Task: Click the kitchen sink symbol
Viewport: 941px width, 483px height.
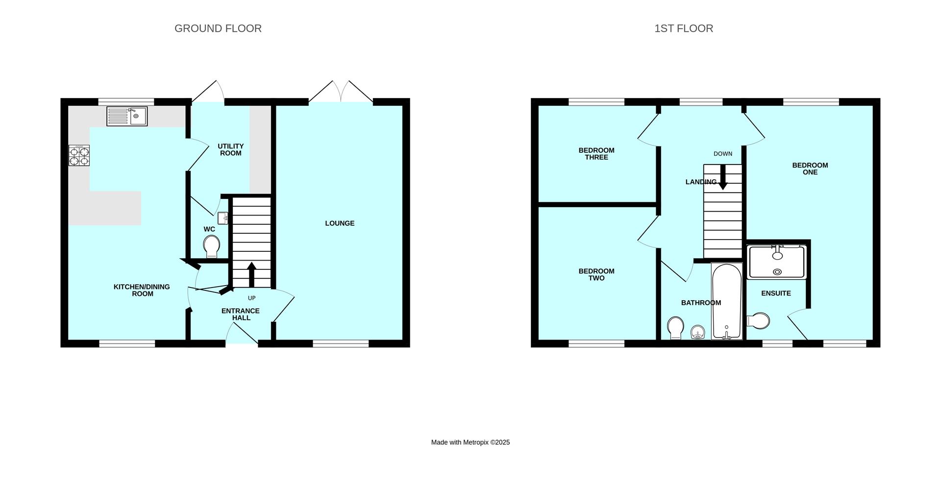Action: coord(127,116)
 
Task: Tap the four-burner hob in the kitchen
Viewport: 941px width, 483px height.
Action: coord(79,156)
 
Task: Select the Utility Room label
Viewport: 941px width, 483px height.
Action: coord(230,149)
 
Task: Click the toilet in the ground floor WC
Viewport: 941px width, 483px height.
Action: coord(211,246)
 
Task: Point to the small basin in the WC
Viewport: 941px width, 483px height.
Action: coord(223,218)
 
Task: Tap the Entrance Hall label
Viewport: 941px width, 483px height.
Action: coord(241,314)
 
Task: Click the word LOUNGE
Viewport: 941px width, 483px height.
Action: coord(340,223)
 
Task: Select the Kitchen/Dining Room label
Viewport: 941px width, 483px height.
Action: coord(142,290)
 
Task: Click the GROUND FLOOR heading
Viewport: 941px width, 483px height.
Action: coord(218,28)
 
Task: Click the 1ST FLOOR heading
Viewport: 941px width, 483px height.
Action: coord(683,28)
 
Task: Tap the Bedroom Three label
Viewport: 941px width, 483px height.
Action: coord(596,154)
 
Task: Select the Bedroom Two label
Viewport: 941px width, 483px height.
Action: coord(596,274)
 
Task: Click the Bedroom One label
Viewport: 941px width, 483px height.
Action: coord(810,169)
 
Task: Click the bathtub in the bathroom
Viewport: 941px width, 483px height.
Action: coord(727,301)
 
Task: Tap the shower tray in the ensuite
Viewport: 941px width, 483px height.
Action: coord(777,262)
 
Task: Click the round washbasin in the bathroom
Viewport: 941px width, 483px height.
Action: coord(697,333)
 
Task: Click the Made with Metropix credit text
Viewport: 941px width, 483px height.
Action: coord(470,442)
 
